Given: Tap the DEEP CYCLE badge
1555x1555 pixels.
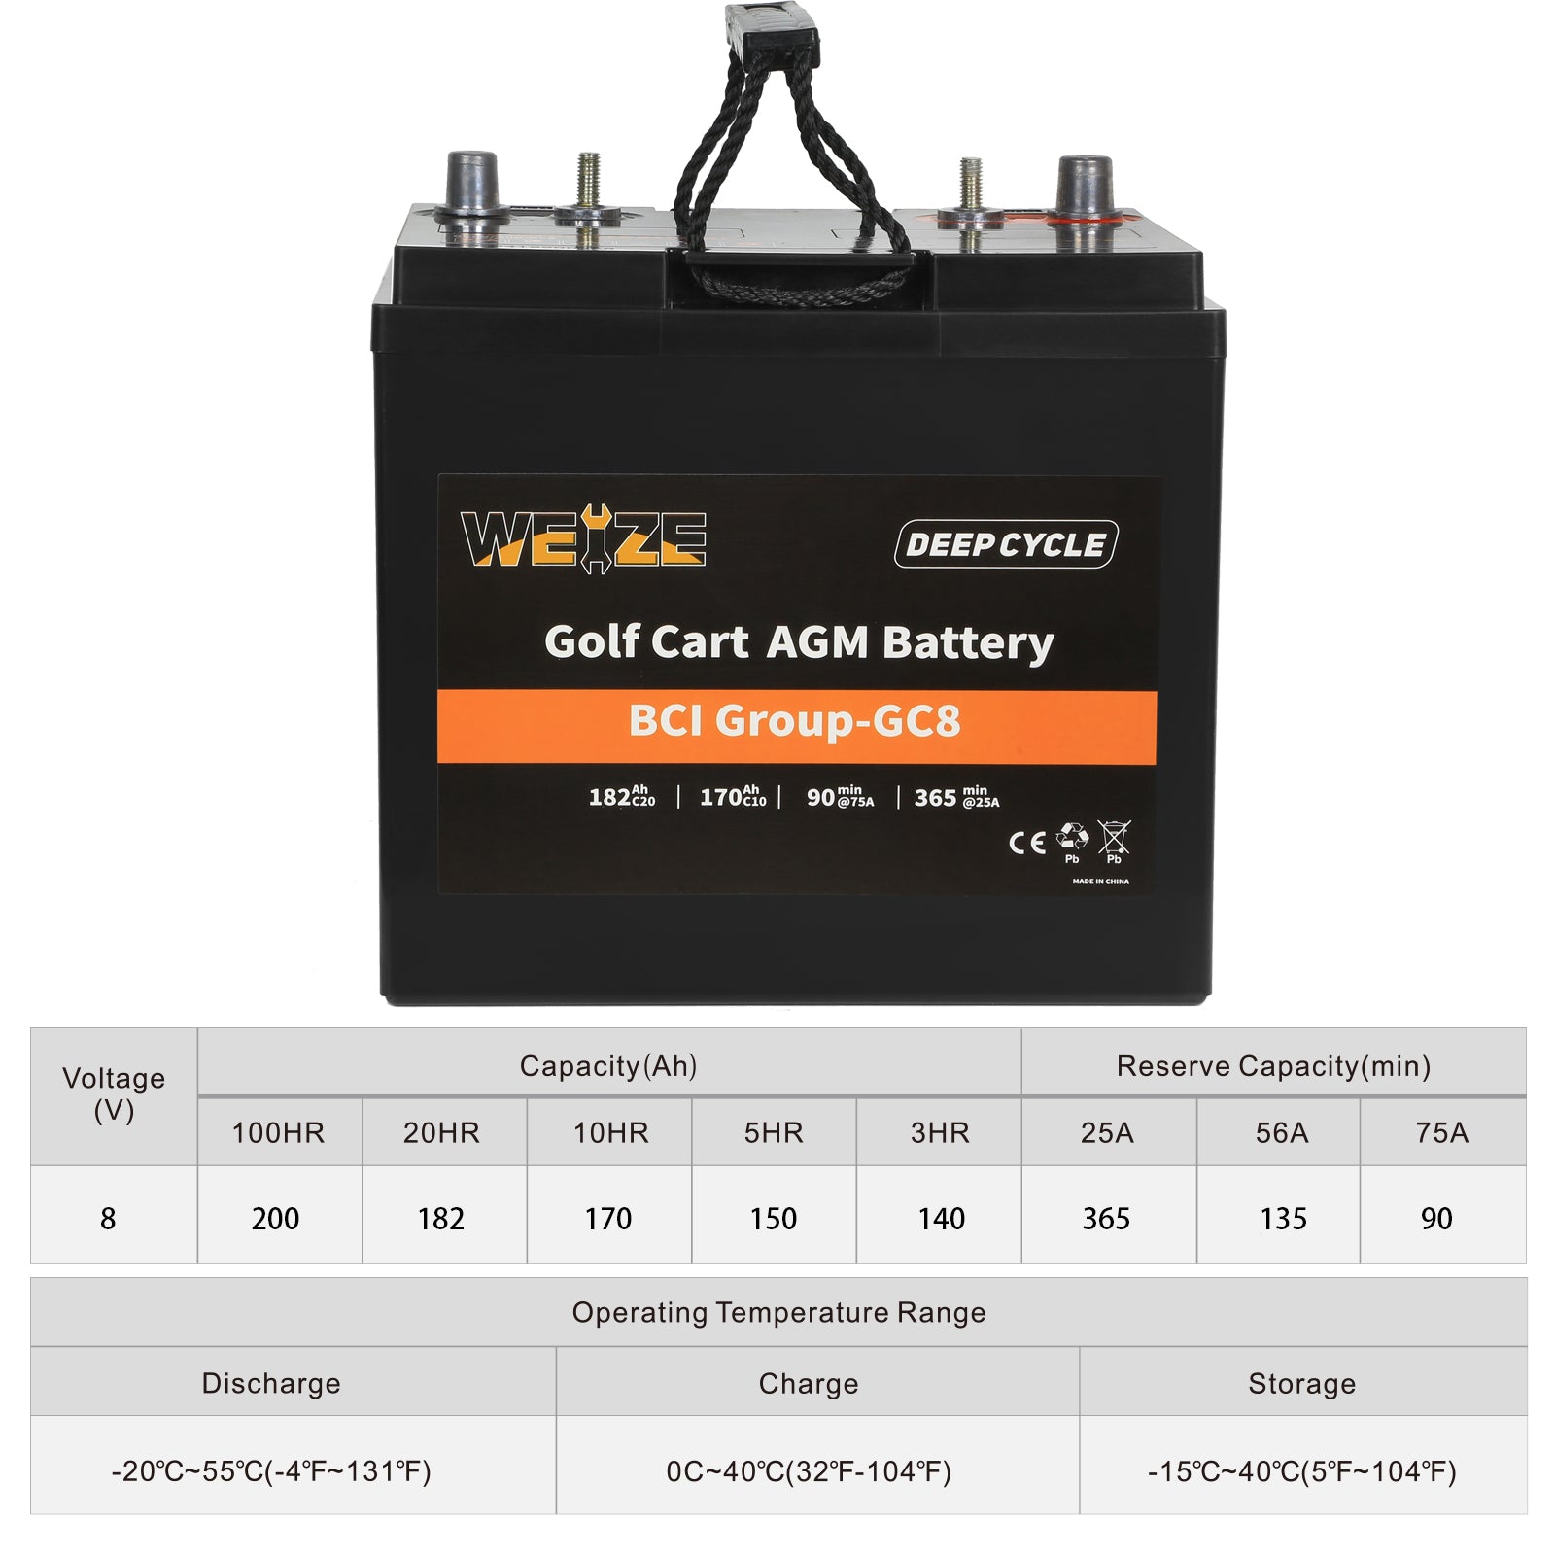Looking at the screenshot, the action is tap(1006, 544).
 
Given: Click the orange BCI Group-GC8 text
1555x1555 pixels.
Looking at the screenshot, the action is tap(795, 721).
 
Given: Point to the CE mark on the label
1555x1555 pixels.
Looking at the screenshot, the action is tap(1026, 842).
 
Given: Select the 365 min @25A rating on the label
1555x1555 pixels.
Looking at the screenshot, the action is tap(957, 798).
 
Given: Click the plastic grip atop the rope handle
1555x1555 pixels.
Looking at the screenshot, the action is tap(773, 34).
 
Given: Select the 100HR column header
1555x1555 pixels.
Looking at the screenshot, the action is tap(278, 1132).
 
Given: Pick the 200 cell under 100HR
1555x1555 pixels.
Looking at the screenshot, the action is tap(275, 1218).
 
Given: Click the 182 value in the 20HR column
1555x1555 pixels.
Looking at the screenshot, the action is tap(440, 1218).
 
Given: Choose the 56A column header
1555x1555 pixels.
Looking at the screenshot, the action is tap(1281, 1132).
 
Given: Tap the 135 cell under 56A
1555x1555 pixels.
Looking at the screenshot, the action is tap(1283, 1218).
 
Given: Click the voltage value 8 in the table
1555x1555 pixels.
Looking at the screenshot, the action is tap(108, 1218).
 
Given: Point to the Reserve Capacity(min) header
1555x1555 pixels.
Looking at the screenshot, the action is tap(1273, 1066).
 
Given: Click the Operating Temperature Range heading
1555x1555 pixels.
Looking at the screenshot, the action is tap(778, 1312).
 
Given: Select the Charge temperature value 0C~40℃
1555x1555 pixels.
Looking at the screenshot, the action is tap(809, 1471).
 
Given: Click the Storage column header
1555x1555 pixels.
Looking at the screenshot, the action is tap(1301, 1383).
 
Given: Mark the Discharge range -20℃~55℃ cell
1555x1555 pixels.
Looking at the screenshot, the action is tap(271, 1471).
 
